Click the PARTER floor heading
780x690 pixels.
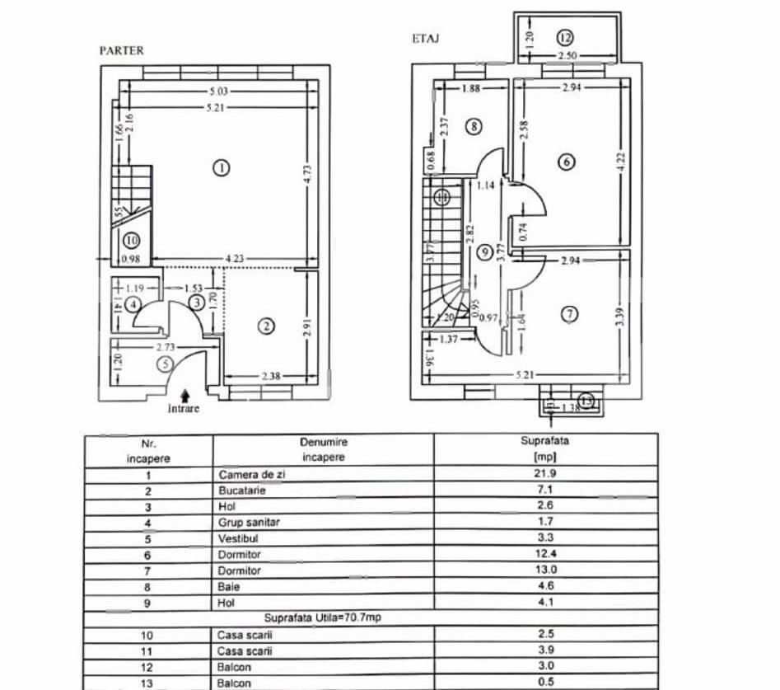[121, 50]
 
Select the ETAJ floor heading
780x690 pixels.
[424, 38]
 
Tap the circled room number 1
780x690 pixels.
[220, 167]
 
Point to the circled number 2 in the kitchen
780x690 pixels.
[265, 326]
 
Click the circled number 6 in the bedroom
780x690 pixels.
[565, 162]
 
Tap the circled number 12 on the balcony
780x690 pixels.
[564, 36]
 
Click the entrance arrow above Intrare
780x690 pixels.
[184, 397]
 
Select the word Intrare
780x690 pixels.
[184, 408]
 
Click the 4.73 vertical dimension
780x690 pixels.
[306, 173]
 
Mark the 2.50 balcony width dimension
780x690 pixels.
[566, 56]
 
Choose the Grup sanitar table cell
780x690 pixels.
[248, 522]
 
